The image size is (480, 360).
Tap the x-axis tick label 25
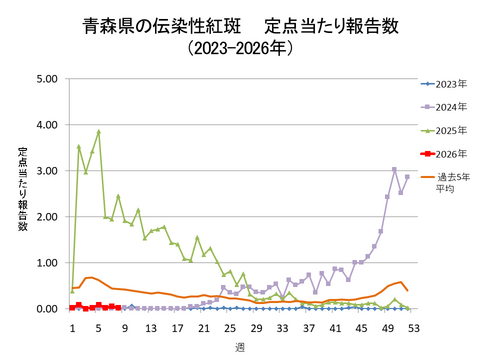[x=230, y=325]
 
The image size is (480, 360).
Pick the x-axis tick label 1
[x=72, y=325]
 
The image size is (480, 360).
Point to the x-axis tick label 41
[x=335, y=325]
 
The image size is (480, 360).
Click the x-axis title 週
[x=240, y=345]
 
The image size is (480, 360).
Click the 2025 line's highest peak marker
[x=98, y=132]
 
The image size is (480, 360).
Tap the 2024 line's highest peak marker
[x=394, y=170]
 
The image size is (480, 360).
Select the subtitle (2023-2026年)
[x=240, y=46]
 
